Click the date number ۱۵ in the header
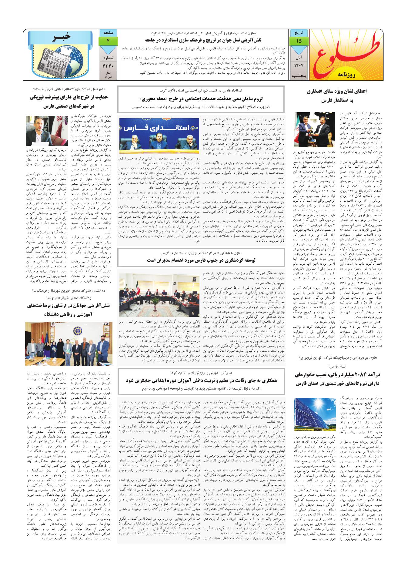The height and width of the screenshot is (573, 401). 299,41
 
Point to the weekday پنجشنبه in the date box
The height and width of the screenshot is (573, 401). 299,75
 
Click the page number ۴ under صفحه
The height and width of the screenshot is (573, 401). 108,41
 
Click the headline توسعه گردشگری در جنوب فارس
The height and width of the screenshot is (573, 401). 201,260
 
